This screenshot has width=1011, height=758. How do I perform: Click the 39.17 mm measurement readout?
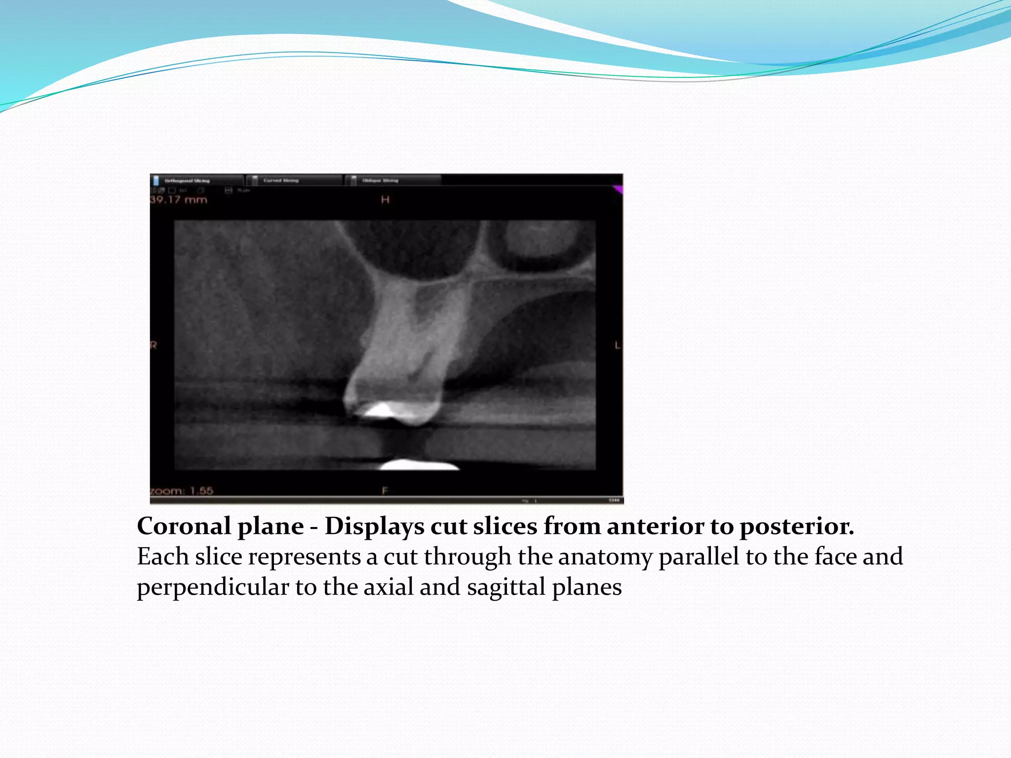pyautogui.click(x=178, y=200)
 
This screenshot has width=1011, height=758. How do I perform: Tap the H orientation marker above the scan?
pyautogui.click(x=385, y=200)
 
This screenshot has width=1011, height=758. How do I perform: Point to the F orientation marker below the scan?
pyautogui.click(x=385, y=491)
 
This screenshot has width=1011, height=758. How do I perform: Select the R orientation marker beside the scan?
pyautogui.click(x=154, y=345)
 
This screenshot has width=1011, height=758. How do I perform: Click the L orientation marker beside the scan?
pyautogui.click(x=618, y=345)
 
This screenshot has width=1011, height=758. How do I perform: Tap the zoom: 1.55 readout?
pyautogui.click(x=182, y=491)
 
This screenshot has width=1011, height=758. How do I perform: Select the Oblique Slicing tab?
pyautogui.click(x=380, y=181)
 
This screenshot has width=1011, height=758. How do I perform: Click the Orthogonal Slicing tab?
pyautogui.click(x=187, y=181)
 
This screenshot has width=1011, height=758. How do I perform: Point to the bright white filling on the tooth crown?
pyautogui.click(x=381, y=409)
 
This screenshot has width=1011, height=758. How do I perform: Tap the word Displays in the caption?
pyautogui.click(x=374, y=526)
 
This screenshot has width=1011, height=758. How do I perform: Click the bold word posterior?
pyautogui.click(x=796, y=526)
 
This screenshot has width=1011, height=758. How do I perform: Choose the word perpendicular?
pyautogui.click(x=213, y=587)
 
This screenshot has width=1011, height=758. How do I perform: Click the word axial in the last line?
pyautogui.click(x=389, y=587)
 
